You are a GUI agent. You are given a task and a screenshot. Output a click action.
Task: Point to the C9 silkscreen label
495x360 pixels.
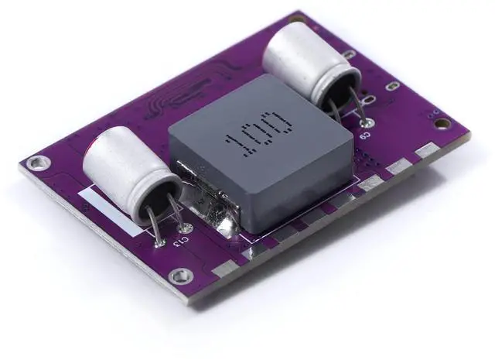(x=364, y=134)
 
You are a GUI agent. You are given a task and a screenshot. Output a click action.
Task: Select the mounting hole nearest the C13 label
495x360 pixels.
(x=181, y=275)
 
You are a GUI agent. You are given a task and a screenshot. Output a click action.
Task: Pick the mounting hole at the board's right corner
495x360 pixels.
(x=441, y=123)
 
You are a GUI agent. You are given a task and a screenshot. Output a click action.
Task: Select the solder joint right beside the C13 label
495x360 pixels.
(x=186, y=228)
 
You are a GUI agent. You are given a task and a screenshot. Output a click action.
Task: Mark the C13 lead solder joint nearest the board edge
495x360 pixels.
(x=159, y=242)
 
